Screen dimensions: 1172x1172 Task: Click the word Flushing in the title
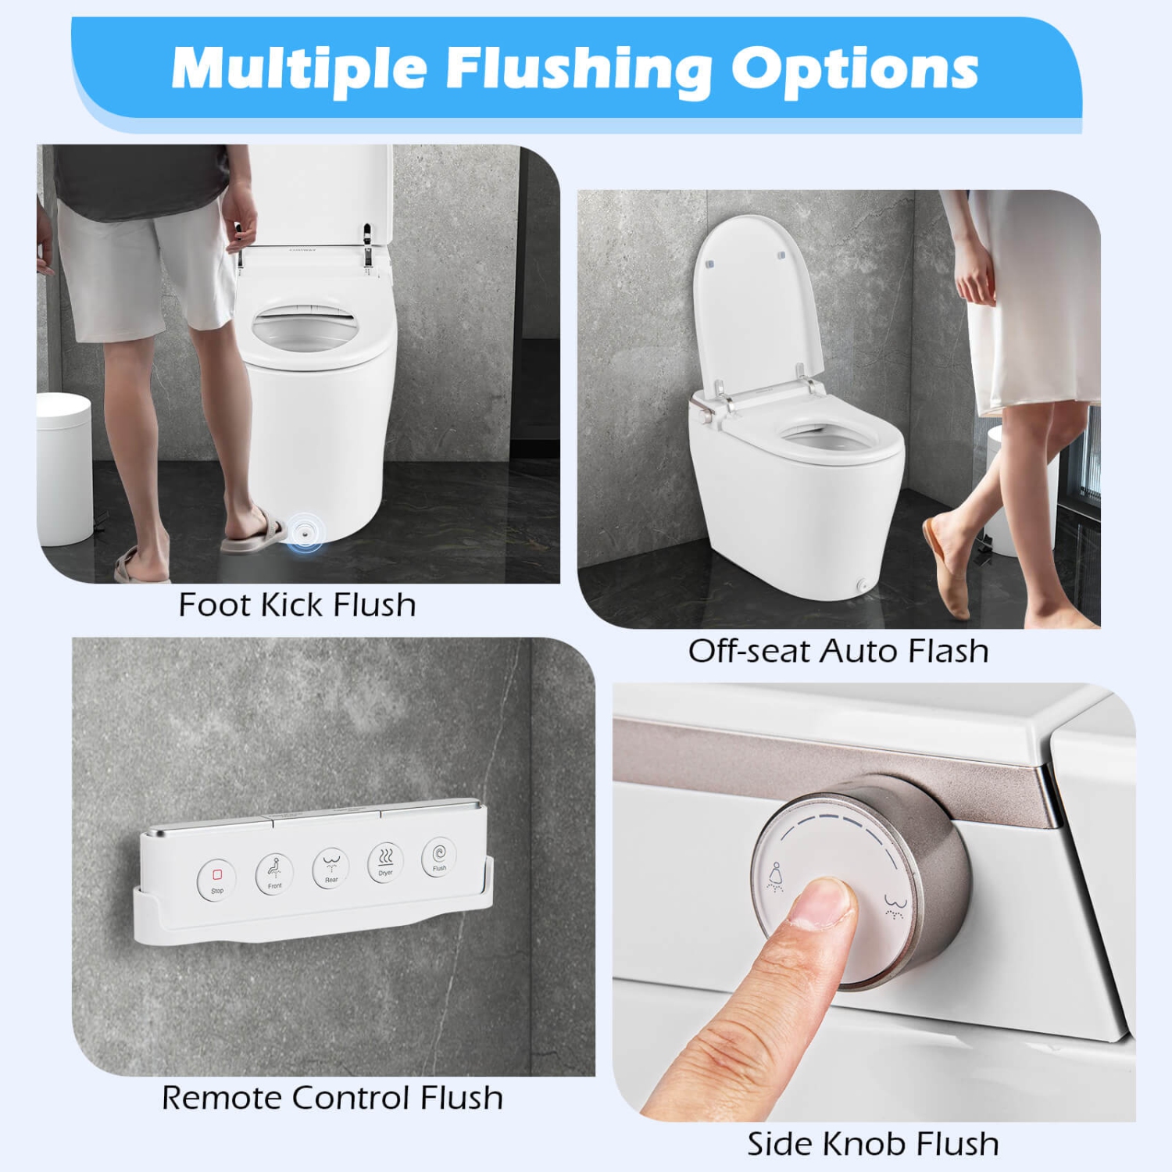coord(578,69)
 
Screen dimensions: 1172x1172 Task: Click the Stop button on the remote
coord(216,879)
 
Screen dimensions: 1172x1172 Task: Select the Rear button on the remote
coord(331,867)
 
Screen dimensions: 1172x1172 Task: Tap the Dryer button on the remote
coord(385,862)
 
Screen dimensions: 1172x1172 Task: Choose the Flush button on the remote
coord(439,856)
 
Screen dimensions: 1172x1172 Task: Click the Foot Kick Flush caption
coord(297,605)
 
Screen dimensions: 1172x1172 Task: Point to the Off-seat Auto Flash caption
coord(838,651)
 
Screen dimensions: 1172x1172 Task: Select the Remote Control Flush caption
coord(332,1098)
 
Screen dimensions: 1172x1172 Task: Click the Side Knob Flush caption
coord(873,1144)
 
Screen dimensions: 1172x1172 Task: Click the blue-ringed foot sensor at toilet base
coord(303,532)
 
